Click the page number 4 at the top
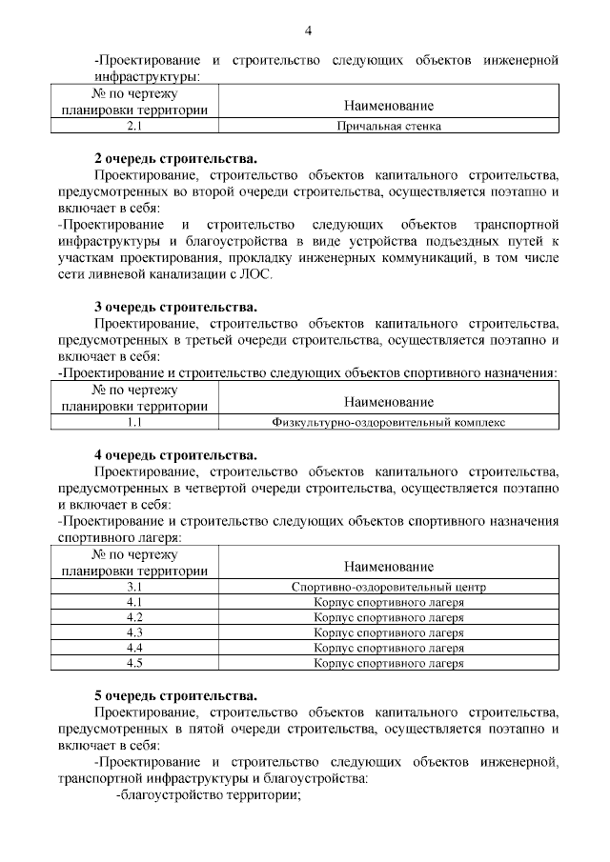[x=308, y=30]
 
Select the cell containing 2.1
[x=134, y=125]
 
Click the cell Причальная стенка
[x=389, y=125]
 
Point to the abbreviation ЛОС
[x=257, y=273]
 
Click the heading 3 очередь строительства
[x=175, y=307]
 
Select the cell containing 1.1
[x=134, y=421]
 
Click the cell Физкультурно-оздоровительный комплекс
[x=389, y=421]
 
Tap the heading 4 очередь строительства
[x=175, y=454]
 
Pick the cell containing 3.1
[x=134, y=587]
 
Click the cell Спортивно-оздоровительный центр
[x=389, y=587]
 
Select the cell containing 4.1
[x=134, y=602]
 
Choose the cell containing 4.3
[x=134, y=632]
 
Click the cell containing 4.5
[x=134, y=663]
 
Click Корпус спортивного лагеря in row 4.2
[x=389, y=617]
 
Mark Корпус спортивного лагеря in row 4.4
[x=389, y=648]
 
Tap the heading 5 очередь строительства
[x=175, y=696]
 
